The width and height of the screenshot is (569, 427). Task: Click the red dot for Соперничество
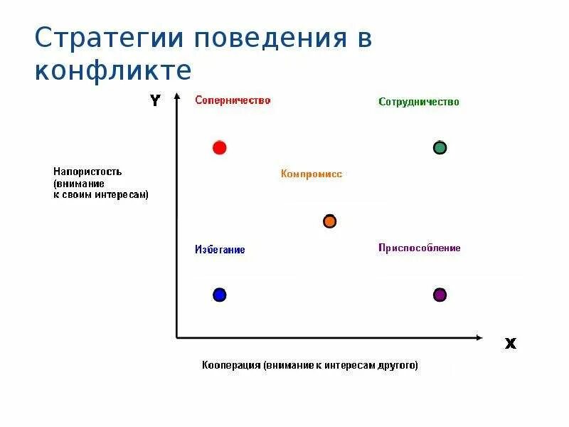pyautogui.click(x=219, y=148)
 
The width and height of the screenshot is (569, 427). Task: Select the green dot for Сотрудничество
pyautogui.click(x=440, y=148)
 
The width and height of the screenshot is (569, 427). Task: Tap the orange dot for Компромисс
pyautogui.click(x=329, y=221)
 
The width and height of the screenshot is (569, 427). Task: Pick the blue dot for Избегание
pyautogui.click(x=219, y=295)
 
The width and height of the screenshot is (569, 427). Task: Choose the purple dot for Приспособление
pyautogui.click(x=440, y=295)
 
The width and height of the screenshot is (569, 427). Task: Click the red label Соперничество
pyautogui.click(x=233, y=100)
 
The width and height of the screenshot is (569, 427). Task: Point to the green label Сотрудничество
pyautogui.click(x=418, y=102)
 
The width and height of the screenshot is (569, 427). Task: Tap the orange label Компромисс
pyautogui.click(x=311, y=174)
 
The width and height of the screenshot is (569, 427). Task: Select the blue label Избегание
pyautogui.click(x=220, y=250)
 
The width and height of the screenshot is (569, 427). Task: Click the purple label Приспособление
pyautogui.click(x=419, y=248)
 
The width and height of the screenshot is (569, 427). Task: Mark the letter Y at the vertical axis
pyautogui.click(x=155, y=101)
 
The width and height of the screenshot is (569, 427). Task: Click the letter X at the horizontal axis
pyautogui.click(x=510, y=344)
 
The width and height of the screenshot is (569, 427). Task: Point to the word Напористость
pyautogui.click(x=87, y=172)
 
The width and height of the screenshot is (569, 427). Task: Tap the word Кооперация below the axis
pyautogui.click(x=230, y=366)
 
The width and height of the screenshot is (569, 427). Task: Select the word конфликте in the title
pyautogui.click(x=113, y=71)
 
